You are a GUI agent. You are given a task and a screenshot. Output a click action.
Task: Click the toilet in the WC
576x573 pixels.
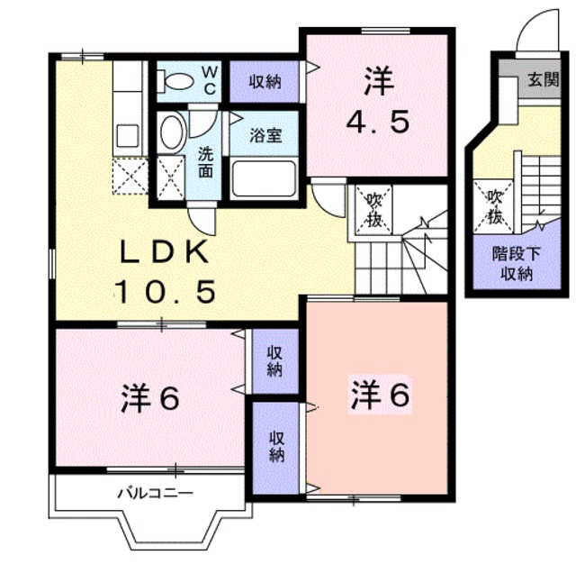[175, 81]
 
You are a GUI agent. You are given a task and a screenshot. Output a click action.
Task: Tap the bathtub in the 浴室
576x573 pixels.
[264, 178]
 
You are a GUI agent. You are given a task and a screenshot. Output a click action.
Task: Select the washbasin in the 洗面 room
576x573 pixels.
[172, 132]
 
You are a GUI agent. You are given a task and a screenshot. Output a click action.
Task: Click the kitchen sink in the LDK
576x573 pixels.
[127, 136]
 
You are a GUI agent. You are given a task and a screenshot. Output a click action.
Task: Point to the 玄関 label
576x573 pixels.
[544, 79]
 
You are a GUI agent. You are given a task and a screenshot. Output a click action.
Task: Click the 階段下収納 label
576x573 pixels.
[517, 263]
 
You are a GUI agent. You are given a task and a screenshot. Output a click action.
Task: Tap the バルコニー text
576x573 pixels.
[155, 493]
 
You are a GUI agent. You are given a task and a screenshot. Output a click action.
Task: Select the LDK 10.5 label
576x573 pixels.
[165, 272]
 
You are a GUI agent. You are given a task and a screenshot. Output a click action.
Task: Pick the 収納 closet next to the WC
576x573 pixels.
[264, 81]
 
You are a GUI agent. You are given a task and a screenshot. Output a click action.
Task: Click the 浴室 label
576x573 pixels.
[265, 135]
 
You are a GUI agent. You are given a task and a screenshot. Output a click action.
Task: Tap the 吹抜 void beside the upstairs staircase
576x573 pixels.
[373, 210]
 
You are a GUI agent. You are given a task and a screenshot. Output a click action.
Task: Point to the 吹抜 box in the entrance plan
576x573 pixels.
[493, 206]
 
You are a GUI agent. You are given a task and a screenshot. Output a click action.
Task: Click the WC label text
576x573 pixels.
[210, 80]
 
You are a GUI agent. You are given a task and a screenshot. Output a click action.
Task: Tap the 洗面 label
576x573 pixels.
[205, 162]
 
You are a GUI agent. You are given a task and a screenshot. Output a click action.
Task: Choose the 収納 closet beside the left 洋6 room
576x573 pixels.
[275, 360]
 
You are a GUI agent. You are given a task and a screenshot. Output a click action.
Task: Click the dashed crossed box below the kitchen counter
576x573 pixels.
[130, 177]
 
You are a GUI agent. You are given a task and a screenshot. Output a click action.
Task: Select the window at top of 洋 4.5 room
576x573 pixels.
[385, 32]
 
